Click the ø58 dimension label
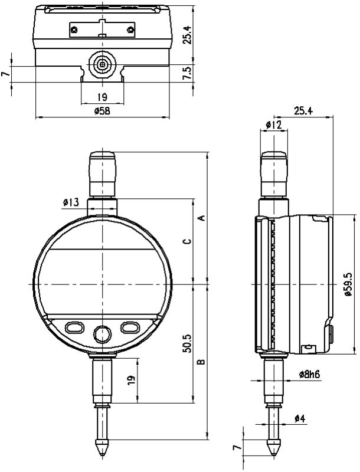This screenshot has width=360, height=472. [102, 111]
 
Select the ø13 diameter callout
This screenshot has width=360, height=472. [71, 202]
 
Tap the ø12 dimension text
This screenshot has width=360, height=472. [274, 124]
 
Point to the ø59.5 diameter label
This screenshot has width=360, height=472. [348, 284]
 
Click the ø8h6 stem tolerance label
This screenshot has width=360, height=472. [309, 374]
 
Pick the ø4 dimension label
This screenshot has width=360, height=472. [300, 418]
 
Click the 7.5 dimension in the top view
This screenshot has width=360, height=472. [188, 73]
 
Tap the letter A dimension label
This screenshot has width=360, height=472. [202, 218]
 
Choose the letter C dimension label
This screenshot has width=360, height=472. [187, 241]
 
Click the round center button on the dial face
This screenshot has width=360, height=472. [102, 334]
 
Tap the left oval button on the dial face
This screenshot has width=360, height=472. [74, 327]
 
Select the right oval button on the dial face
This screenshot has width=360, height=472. [130, 327]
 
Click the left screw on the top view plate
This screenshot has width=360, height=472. [74, 29]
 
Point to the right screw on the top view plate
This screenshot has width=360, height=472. [130, 29]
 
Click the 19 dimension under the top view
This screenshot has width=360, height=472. [102, 97]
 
